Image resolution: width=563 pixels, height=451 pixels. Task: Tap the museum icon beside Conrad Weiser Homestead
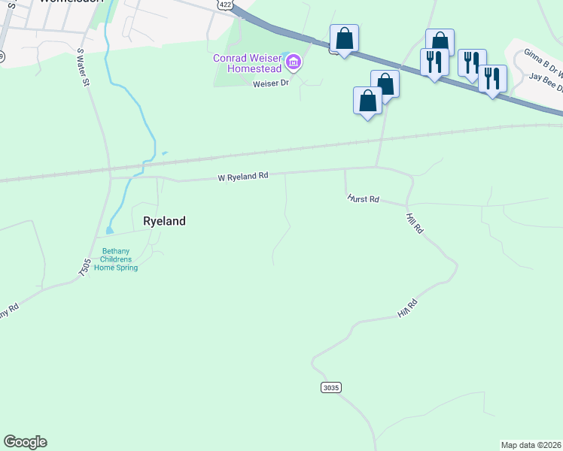click(294, 62)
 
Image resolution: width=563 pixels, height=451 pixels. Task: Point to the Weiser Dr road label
click(271, 83)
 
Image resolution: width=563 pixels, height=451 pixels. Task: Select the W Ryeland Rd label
click(243, 177)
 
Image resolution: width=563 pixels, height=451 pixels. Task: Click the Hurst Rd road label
click(363, 199)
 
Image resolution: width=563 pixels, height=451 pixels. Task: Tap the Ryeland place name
click(164, 221)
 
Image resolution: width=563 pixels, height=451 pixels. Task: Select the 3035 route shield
click(331, 387)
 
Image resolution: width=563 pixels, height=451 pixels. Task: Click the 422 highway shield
click(224, 5)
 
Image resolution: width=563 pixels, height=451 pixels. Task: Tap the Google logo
click(25, 442)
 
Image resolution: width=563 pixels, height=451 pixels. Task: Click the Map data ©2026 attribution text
click(531, 445)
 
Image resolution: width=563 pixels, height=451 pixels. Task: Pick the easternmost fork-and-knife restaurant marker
click(492, 78)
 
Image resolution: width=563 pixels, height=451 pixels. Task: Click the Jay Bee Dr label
click(546, 77)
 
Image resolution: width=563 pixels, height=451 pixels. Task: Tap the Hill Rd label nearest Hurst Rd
click(413, 223)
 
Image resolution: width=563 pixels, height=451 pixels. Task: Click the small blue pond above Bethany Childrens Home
click(110, 230)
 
